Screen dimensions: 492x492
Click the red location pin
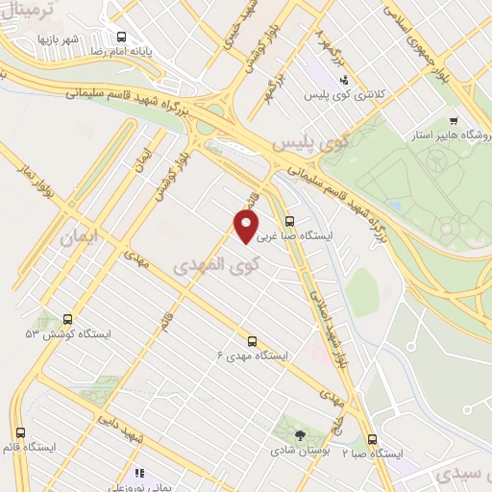point(247,227)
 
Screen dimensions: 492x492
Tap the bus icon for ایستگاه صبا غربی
point(290,221)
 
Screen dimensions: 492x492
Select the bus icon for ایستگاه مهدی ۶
point(253,340)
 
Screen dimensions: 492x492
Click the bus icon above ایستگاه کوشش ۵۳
point(67,318)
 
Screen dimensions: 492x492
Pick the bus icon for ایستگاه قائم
point(21,432)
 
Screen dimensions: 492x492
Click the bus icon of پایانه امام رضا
point(120,37)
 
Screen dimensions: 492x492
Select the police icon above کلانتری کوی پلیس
point(343,81)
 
